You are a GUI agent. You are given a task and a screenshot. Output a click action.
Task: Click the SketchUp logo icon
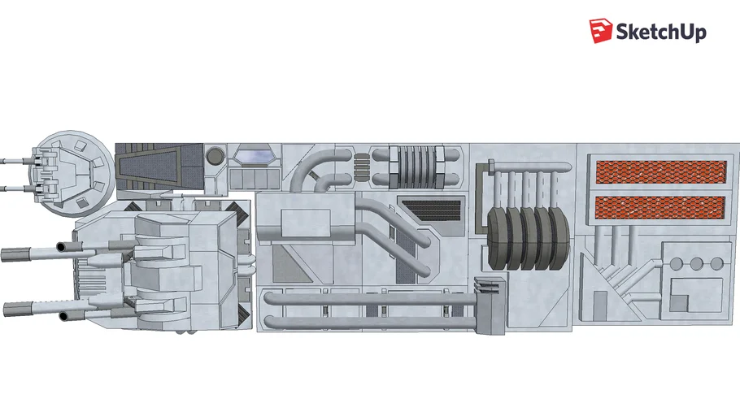pos(600,31)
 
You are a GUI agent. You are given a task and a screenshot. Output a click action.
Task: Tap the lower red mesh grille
pos(659,208)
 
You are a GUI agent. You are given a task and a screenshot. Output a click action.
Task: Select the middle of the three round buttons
pos(696,263)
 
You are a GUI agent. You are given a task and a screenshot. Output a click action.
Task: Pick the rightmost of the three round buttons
pos(716,263)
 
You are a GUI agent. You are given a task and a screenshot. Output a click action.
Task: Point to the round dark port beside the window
pos(215,154)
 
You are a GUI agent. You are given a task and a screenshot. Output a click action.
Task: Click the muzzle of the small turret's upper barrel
pos(4,161)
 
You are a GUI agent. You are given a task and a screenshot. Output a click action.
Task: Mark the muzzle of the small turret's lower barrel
pos(4,188)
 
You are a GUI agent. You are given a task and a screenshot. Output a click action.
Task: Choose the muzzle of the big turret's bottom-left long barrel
pos(8,308)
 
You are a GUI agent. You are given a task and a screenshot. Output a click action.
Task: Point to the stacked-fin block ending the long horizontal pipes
pos(489,304)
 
